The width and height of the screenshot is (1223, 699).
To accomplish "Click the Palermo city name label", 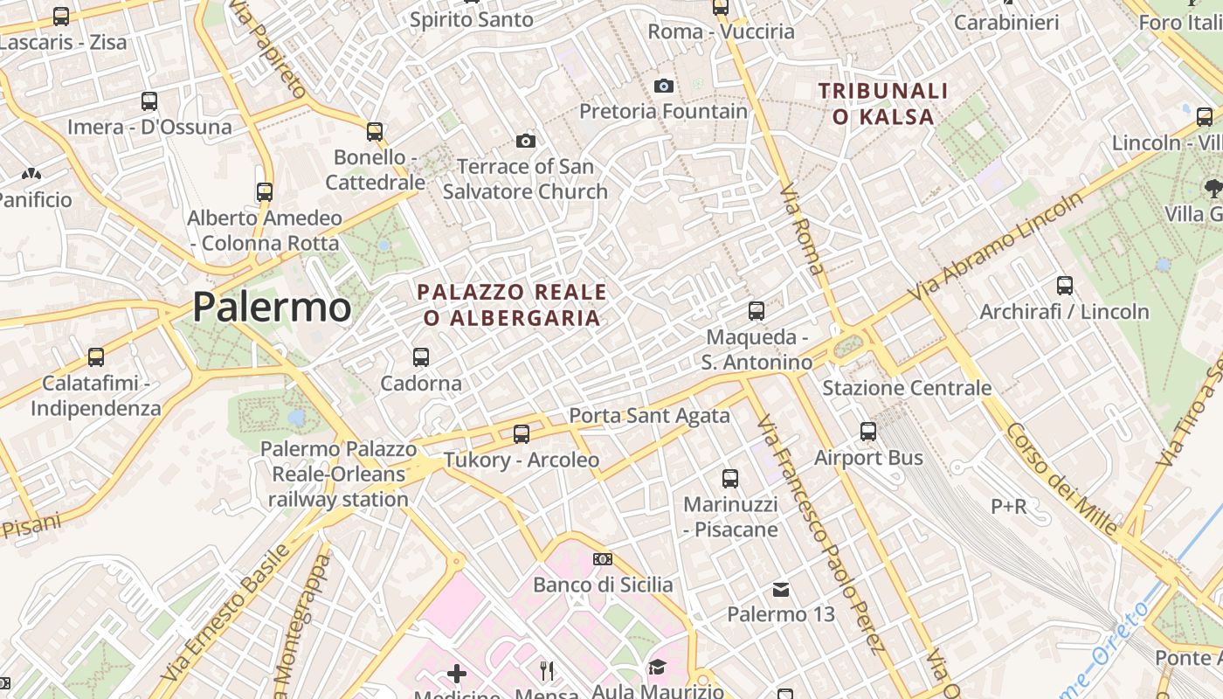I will tap(272, 307).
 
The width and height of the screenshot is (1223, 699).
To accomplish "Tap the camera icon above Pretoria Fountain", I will tap(664, 86).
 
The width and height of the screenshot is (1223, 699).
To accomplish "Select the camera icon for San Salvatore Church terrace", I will tap(525, 141).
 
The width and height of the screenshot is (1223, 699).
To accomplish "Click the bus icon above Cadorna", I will tap(421, 356).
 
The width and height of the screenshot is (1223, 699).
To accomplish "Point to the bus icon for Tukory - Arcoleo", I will tap(522, 433).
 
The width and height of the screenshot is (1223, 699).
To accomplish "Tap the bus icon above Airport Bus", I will tap(867, 431).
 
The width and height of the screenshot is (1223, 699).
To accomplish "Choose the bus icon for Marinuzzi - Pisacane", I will tap(730, 478).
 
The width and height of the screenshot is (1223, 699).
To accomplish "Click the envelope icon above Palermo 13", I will tap(781, 590).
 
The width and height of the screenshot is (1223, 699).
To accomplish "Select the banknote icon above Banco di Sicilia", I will tap(603, 559).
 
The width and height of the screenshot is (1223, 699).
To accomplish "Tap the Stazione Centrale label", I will tap(907, 387).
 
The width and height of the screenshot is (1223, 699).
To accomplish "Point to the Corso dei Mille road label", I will tap(1061, 479).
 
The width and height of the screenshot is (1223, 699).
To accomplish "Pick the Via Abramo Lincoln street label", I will tap(995, 247).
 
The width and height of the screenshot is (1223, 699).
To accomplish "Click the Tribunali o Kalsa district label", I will tap(883, 103).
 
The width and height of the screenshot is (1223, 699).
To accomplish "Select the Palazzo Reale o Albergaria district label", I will tap(512, 304).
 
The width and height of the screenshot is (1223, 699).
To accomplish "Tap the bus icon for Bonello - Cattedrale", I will tap(375, 132).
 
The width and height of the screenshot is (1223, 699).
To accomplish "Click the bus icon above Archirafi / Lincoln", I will tap(1065, 285).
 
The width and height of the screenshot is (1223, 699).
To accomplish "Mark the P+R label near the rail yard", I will tap(1008, 506).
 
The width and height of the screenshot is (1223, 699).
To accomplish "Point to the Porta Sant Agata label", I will tap(649, 415).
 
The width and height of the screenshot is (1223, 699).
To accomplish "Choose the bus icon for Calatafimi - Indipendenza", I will tap(96, 356).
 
